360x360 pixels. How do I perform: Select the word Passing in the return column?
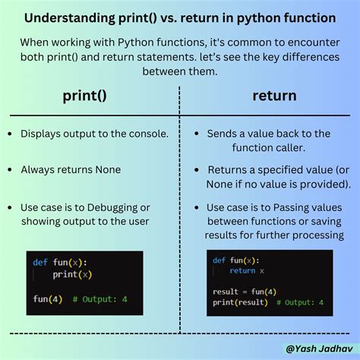[x=302, y=207]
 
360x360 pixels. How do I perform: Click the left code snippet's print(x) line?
[x=72, y=275]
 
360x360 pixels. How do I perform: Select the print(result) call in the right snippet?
[x=240, y=302]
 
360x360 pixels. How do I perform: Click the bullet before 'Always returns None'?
[x=10, y=170]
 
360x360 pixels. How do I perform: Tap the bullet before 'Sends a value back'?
[x=196, y=134]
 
